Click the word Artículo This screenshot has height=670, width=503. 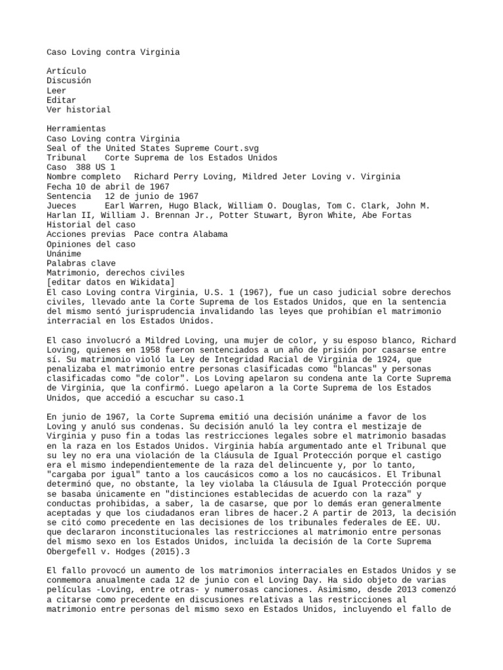[66, 71]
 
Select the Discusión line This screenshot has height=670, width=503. [69, 80]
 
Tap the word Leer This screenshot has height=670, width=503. [57, 90]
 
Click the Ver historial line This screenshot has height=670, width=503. [79, 110]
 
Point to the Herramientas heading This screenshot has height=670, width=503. [76, 130]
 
